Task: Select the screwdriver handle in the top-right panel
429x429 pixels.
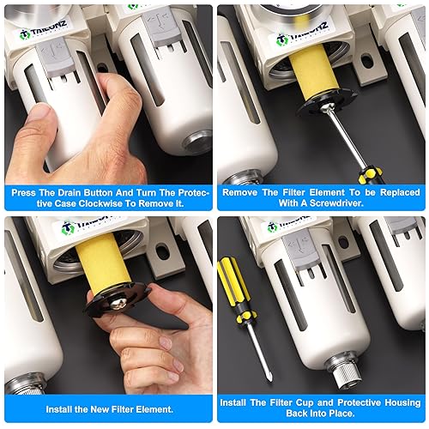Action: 370,175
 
